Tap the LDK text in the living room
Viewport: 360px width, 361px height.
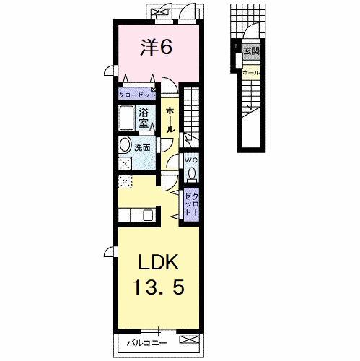pyautogui.click(x=159, y=262)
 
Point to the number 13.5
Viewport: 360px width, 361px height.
pyautogui.click(x=159, y=287)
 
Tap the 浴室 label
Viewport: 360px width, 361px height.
pyautogui.click(x=144, y=118)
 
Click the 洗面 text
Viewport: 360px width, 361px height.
pyautogui.click(x=142, y=149)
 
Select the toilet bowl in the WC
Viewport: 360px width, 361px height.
pyautogui.click(x=192, y=173)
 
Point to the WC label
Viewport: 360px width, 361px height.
pyautogui.click(x=191, y=160)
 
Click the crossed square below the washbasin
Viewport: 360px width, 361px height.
pyautogui.click(x=125, y=162)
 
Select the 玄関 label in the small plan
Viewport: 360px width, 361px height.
pyautogui.click(x=250, y=52)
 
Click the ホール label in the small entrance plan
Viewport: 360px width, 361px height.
pyautogui.click(x=251, y=74)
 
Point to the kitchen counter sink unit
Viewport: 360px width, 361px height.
pyautogui.click(x=137, y=214)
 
